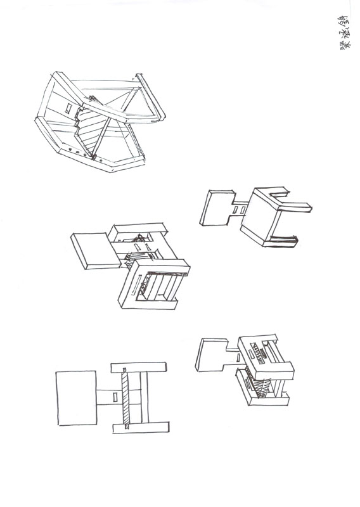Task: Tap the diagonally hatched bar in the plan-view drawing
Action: pos(126,398)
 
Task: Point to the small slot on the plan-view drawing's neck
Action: pos(114,397)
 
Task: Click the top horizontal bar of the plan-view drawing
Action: pos(140,368)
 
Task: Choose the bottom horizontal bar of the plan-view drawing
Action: pos(140,428)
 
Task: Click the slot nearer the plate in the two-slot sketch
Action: pos(235,209)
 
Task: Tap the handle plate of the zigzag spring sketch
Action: pos(212,355)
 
